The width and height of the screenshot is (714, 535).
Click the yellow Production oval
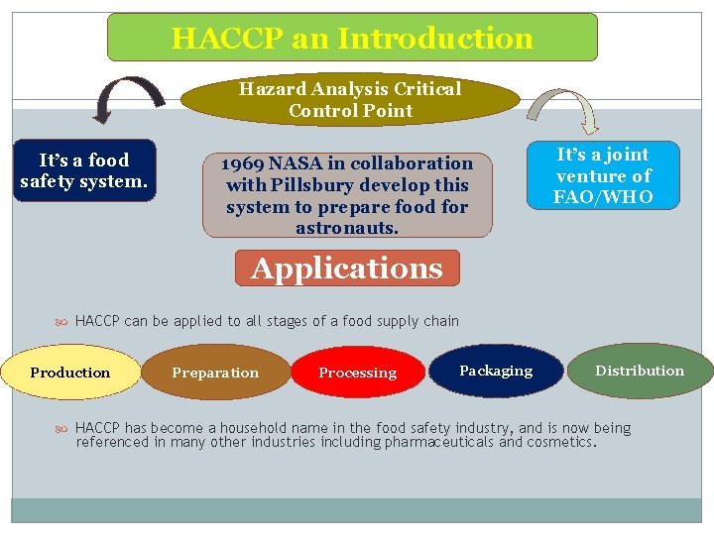(70, 373)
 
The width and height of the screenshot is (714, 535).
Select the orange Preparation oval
(215, 373)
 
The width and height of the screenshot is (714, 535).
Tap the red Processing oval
(357, 373)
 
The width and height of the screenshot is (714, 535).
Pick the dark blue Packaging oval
(496, 371)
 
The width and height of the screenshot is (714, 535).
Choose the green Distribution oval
(640, 371)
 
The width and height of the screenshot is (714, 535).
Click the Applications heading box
(347, 268)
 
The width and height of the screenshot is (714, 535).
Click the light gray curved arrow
(563, 107)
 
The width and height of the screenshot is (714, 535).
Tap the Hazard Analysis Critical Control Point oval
(350, 99)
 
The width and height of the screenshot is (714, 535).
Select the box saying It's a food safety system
(84, 170)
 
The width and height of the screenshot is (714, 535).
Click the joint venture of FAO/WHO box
(603, 175)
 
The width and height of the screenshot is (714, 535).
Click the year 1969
(242, 163)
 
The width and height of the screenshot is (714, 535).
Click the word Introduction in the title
(435, 39)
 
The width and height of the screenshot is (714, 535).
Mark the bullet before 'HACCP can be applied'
(61, 321)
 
